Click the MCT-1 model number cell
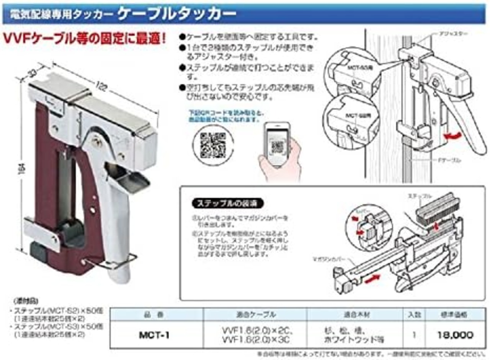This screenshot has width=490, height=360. point(154,335)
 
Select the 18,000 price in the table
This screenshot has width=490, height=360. point(455,335)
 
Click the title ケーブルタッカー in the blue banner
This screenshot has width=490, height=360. point(177,14)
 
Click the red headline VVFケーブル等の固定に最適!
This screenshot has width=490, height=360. point(85,39)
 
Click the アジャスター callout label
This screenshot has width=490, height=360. point(452,34)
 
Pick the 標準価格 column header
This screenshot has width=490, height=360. point(454,314)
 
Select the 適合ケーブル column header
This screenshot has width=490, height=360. point(255,314)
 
